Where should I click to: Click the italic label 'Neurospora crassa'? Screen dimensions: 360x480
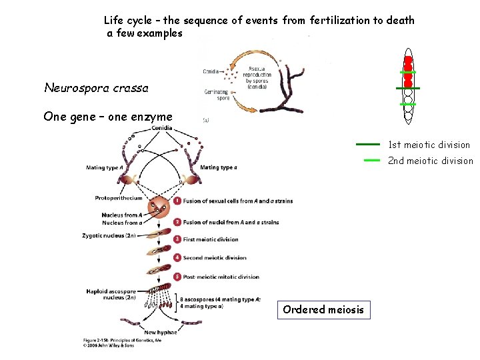coord(96,88)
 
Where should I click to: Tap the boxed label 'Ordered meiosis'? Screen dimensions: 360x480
coord(323,309)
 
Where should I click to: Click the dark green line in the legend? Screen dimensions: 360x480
coord(367,144)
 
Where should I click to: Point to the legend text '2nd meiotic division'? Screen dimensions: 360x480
coord(430,161)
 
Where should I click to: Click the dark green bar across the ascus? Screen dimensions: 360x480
coord(407,88)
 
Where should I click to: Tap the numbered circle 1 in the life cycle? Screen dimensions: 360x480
coord(177,201)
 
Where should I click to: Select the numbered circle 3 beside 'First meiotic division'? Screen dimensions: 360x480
coord(177,239)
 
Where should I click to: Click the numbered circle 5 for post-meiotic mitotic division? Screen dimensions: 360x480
coord(177,277)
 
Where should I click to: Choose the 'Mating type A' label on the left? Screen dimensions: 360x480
coord(104,168)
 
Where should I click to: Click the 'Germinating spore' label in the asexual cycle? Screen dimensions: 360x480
coord(217,94)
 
